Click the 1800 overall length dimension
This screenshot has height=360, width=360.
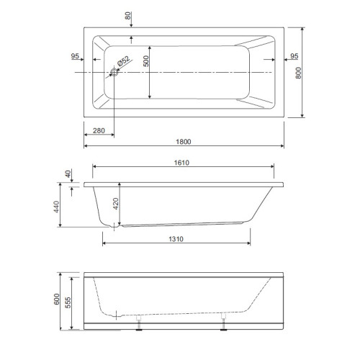point(184,142)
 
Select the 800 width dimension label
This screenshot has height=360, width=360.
point(298,73)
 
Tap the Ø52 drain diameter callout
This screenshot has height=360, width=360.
point(124,61)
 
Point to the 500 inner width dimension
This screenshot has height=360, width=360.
point(145,61)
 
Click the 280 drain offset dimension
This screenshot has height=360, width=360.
point(99,130)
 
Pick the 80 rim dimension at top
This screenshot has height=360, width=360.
point(128,16)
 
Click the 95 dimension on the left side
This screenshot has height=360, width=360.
point(75,56)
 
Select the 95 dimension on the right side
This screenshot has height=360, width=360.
point(294,56)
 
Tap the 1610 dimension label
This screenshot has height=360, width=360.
point(181,163)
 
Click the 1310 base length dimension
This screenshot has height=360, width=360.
point(176,239)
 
